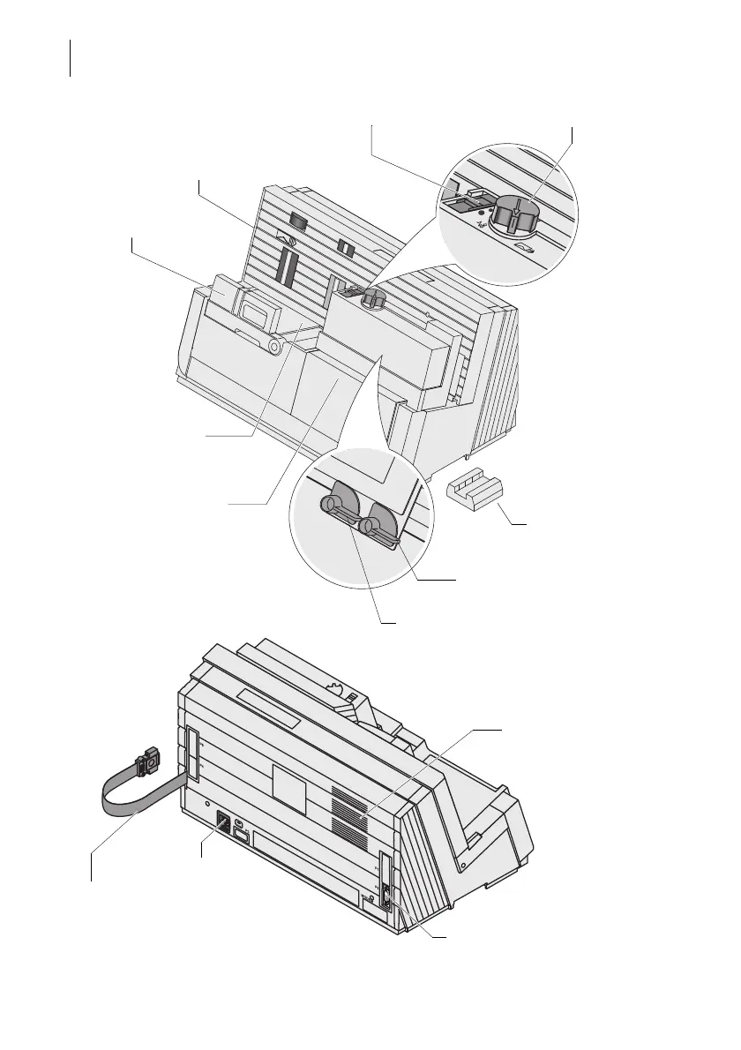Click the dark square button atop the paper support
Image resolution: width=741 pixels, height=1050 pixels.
(298, 222)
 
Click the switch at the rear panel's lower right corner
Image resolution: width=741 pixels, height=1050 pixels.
(386, 900)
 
